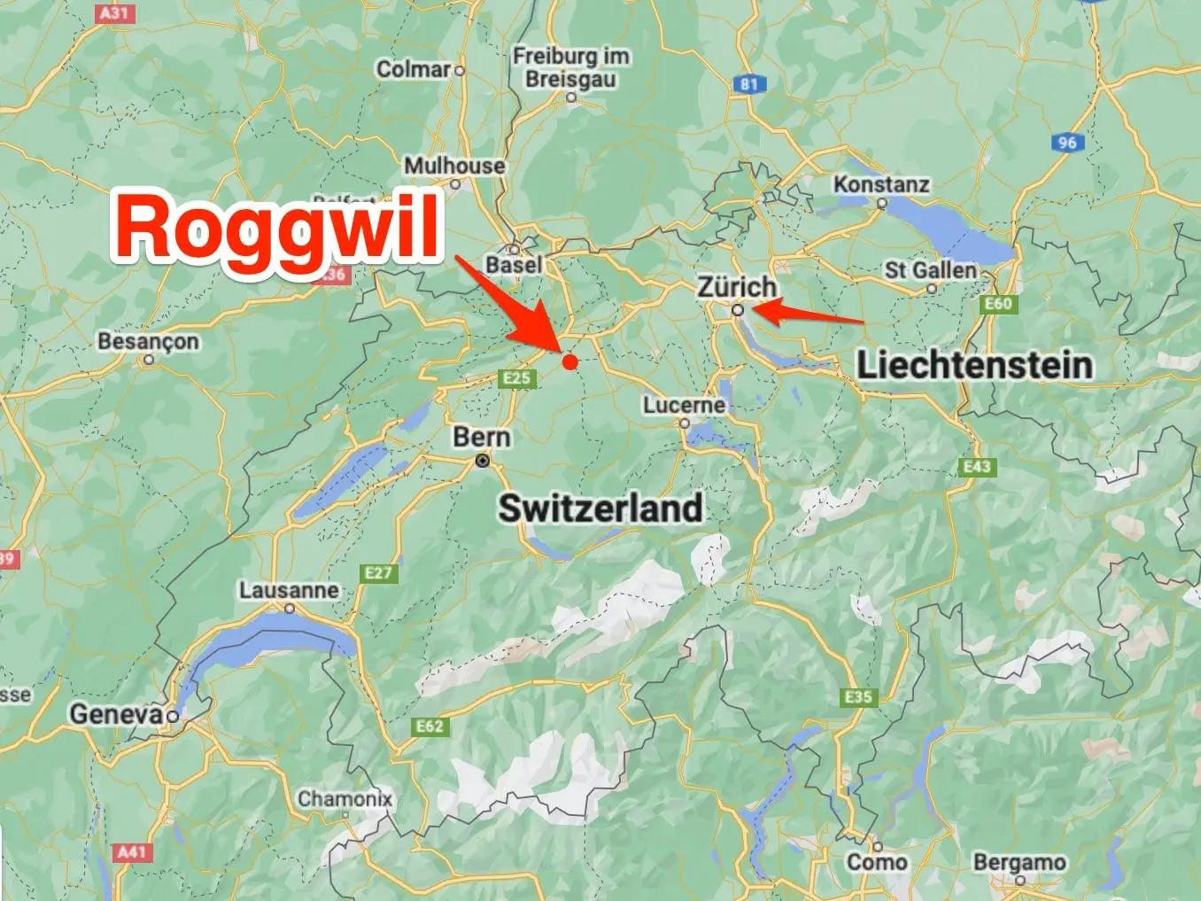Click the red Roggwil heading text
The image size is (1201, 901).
click(x=277, y=228)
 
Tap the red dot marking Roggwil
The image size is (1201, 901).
click(x=570, y=361)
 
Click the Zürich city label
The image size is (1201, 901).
click(x=737, y=287)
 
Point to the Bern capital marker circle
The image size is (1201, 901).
click(x=483, y=461)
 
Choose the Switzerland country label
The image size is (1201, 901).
click(x=600, y=509)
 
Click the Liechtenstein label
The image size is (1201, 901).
click(x=974, y=365)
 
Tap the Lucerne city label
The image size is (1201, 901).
click(x=684, y=405)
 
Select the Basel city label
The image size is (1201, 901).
click(x=514, y=265)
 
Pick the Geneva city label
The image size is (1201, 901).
click(x=117, y=713)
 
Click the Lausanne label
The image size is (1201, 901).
click(x=289, y=590)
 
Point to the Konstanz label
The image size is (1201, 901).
click(x=881, y=184)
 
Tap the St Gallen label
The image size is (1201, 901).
click(x=930, y=270)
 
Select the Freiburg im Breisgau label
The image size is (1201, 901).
click(x=571, y=67)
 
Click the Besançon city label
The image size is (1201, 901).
click(x=148, y=341)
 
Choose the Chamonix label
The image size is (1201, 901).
click(x=345, y=798)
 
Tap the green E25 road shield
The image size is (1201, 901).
click(x=517, y=378)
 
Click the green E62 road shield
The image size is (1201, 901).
click(x=430, y=726)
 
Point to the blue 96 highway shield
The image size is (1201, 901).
click(x=1067, y=142)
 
